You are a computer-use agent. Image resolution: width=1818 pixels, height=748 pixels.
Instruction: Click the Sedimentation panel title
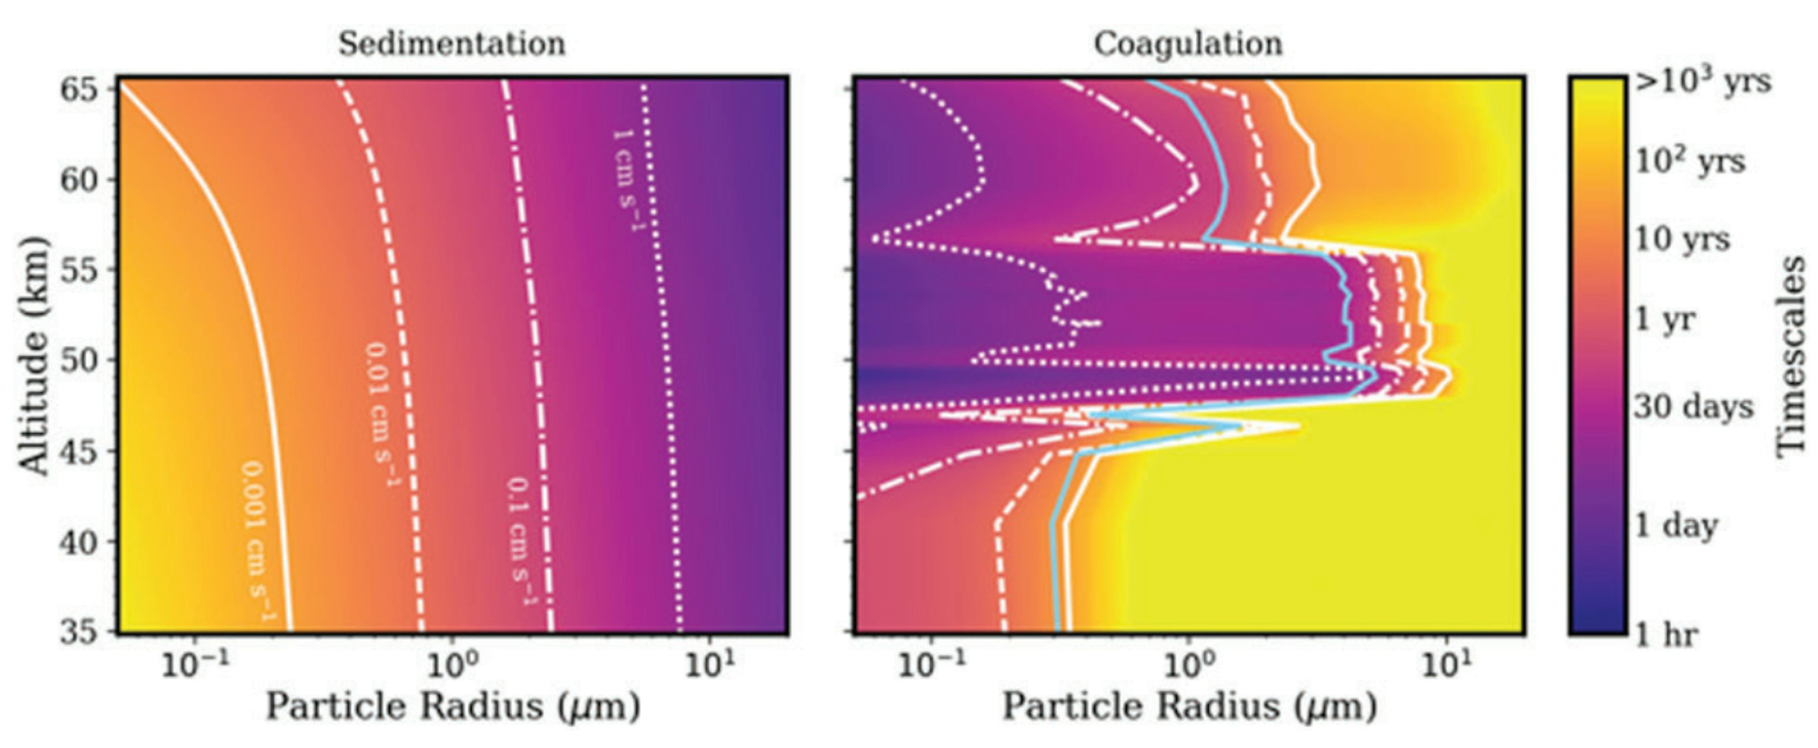point(452,44)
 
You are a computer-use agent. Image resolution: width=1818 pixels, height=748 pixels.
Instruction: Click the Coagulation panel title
point(1188,44)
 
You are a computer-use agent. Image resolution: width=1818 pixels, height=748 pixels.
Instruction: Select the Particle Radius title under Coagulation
point(1189,706)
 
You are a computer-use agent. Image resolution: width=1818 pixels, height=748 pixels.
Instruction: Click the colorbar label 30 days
point(1694,407)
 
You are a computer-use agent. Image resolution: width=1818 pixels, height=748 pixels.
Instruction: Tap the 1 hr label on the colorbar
point(1666,635)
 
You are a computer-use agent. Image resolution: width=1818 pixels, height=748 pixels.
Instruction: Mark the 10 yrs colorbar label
point(1683,240)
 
